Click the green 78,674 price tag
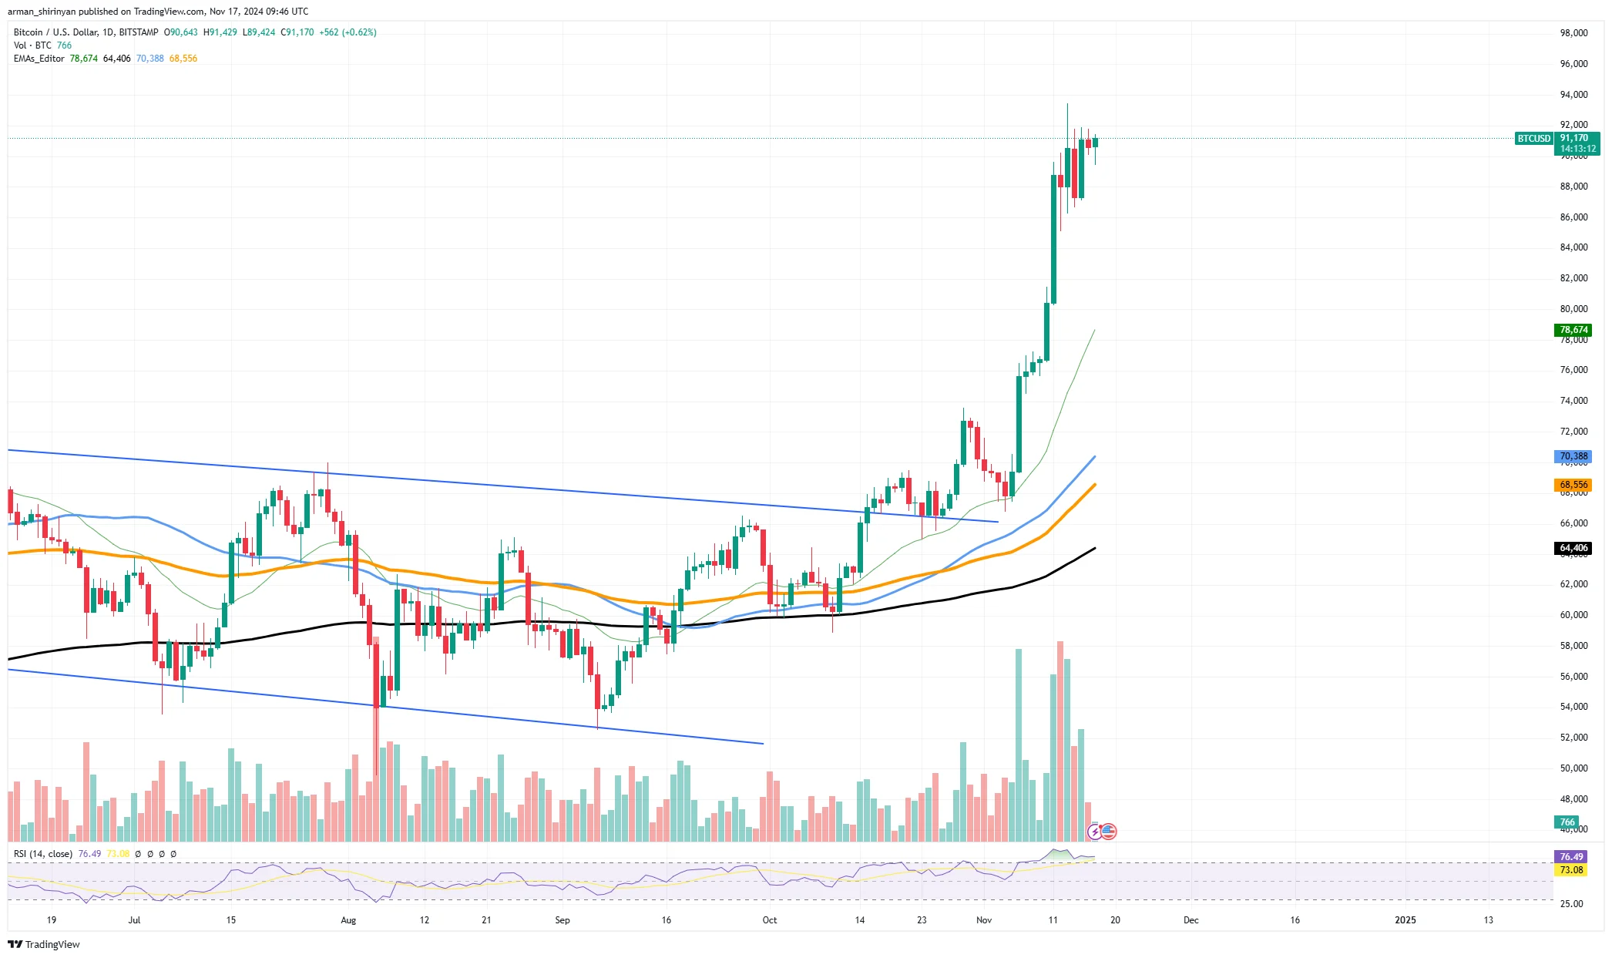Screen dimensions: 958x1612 (1573, 330)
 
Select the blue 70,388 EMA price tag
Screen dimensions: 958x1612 (1573, 456)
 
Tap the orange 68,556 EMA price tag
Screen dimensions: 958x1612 (1573, 485)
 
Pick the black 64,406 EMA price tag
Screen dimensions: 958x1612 (1573, 548)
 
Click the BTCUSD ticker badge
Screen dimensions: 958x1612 (1533, 139)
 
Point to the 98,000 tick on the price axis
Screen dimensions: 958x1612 (1573, 33)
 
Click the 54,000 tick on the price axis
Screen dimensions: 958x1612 (1573, 707)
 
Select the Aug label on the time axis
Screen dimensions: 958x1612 (348, 920)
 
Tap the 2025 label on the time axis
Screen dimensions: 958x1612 (1405, 920)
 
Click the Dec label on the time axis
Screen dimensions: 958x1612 (1191, 920)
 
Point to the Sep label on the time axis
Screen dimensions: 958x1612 (563, 920)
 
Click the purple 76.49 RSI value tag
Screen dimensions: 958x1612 (1571, 857)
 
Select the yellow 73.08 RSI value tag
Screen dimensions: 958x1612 (1571, 870)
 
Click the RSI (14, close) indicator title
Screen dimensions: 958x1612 (43, 854)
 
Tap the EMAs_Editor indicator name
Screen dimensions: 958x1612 (39, 59)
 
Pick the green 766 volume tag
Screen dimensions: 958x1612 (1567, 822)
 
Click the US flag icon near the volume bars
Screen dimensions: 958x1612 (1109, 832)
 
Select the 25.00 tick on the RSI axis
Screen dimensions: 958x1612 (1572, 904)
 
